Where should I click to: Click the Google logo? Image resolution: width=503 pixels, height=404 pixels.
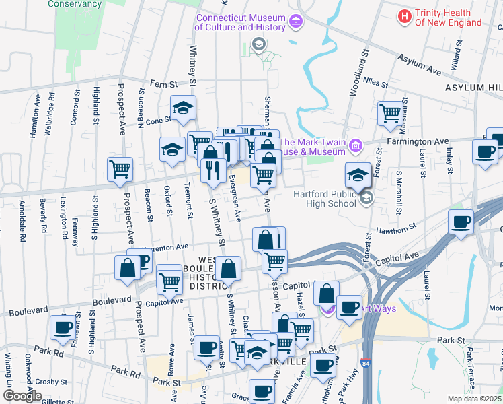(22, 395)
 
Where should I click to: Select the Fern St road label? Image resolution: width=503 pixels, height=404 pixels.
(163, 85)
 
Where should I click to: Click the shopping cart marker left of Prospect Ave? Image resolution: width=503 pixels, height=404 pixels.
(120, 169)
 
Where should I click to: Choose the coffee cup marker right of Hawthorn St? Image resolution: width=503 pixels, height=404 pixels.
(461, 222)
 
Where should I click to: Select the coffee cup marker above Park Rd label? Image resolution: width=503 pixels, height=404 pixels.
(63, 327)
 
